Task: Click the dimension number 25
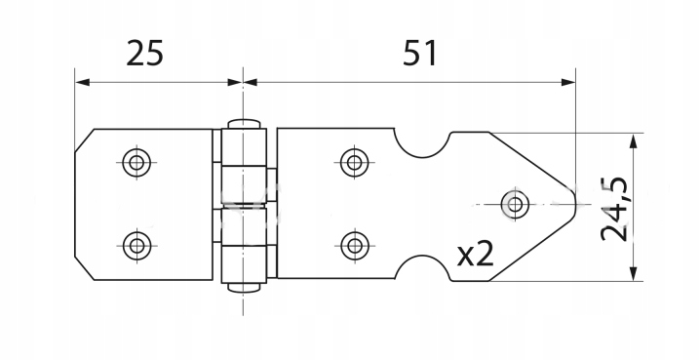145,53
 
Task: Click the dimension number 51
420,53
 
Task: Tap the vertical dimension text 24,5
614,209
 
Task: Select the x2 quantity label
476,254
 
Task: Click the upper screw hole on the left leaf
136,163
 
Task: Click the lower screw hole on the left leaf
137,246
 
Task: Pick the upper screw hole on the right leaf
355,163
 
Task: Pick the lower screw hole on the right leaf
355,246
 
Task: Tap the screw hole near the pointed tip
515,205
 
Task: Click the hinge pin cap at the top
244,124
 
